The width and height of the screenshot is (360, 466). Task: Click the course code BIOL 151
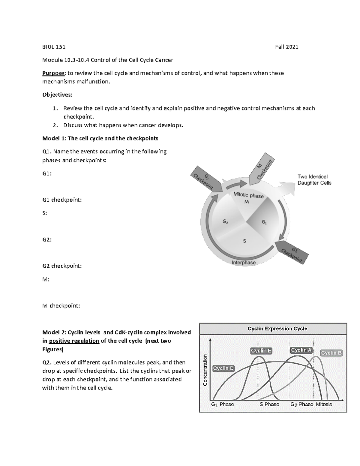(x=54, y=47)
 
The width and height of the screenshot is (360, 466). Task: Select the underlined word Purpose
(x=53, y=73)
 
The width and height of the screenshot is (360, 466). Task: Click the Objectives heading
(x=57, y=95)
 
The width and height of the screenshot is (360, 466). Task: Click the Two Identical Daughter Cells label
(x=314, y=180)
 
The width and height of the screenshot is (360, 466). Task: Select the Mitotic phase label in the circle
(x=248, y=195)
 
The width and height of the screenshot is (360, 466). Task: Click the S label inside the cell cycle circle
(x=244, y=241)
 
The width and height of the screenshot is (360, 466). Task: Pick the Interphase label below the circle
(x=244, y=263)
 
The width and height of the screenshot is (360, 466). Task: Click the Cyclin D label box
(x=223, y=368)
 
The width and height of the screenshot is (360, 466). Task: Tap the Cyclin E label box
(x=261, y=351)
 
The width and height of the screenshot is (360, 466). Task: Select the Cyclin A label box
(x=301, y=350)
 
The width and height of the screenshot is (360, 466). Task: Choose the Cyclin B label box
(x=331, y=353)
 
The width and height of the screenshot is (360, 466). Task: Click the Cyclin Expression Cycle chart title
(x=277, y=329)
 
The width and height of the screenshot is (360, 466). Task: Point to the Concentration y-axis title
(x=205, y=370)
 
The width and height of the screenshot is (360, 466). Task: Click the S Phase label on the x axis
(x=269, y=404)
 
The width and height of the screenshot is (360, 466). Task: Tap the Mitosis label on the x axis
(x=324, y=404)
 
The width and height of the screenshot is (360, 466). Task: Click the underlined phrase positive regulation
(x=74, y=341)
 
